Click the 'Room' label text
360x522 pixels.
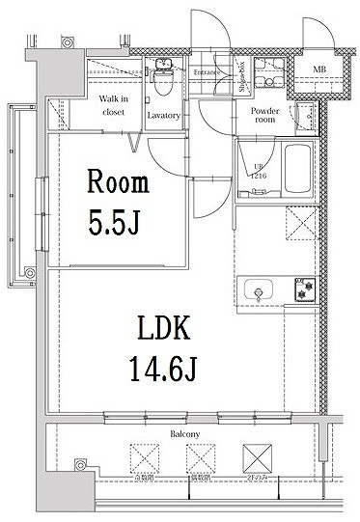click(119, 180)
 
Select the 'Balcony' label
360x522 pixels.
click(186, 435)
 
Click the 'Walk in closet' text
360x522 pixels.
click(114, 105)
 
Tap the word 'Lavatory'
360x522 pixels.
click(163, 116)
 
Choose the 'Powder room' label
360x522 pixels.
click(265, 116)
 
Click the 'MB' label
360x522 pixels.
click(318, 68)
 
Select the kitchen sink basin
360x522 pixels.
click(260, 290)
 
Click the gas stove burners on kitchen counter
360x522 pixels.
click(306, 290)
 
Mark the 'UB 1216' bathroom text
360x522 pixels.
click(258, 173)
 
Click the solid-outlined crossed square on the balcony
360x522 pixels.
click(255, 456)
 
